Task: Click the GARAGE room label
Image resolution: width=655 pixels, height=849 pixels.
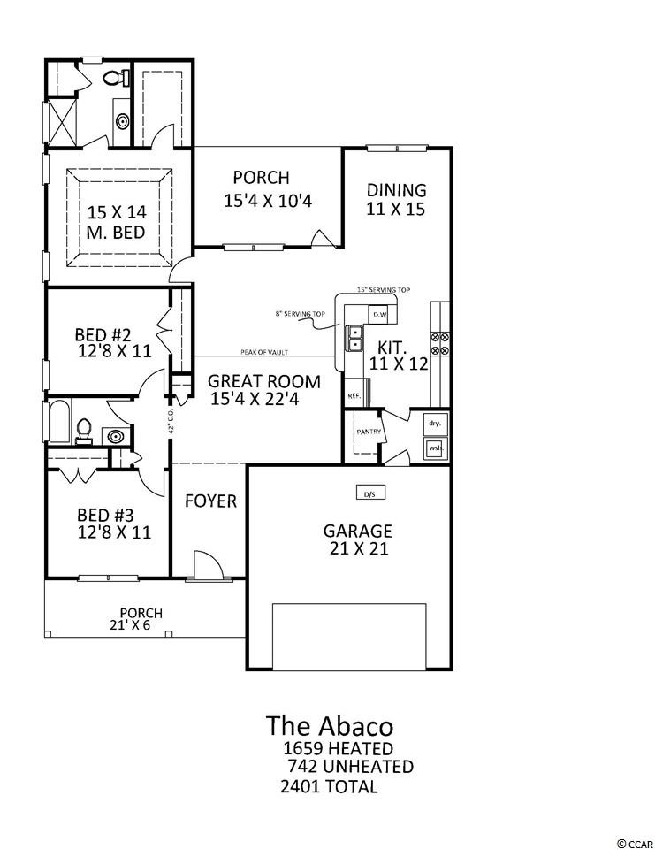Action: click(x=357, y=532)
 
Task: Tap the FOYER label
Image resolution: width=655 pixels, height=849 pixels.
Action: click(x=210, y=501)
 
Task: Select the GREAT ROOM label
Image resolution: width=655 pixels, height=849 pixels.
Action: click(x=264, y=382)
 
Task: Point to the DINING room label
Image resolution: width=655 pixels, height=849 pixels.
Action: click(x=397, y=190)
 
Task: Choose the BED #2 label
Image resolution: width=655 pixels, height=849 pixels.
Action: click(x=103, y=335)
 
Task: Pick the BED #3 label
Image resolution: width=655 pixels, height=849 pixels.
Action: click(x=104, y=515)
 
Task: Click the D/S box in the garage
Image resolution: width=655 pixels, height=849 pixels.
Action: click(x=370, y=493)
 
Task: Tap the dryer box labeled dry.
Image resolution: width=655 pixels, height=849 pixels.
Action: click(x=435, y=424)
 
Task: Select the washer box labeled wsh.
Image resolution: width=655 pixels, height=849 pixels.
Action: click(x=435, y=448)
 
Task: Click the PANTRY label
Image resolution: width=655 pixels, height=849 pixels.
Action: click(x=368, y=432)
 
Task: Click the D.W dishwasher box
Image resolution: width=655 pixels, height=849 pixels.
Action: click(x=380, y=314)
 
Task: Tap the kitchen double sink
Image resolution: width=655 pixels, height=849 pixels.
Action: click(x=355, y=338)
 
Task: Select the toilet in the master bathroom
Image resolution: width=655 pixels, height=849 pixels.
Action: click(x=112, y=79)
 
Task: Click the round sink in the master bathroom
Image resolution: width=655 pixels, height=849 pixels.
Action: click(x=121, y=119)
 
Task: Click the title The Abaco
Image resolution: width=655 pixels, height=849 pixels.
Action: click(x=329, y=726)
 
